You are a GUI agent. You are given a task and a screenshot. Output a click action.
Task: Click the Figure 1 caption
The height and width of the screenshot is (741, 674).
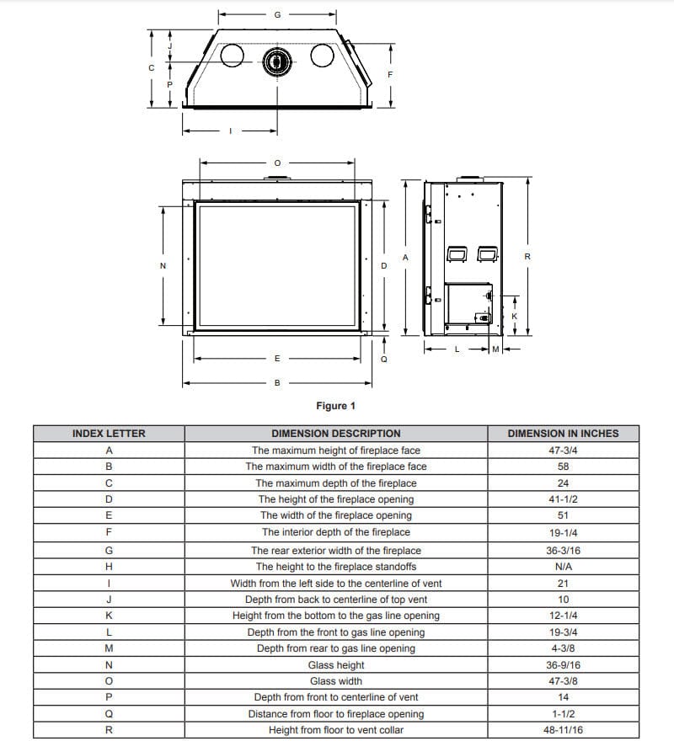pyautogui.click(x=335, y=406)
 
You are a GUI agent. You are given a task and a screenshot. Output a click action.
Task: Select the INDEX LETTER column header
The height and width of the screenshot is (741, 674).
pyautogui.click(x=109, y=434)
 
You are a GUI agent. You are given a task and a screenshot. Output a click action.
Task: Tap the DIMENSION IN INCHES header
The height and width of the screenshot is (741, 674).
pyautogui.click(x=563, y=434)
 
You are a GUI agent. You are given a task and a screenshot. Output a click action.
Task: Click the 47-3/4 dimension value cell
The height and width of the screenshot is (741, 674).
pyautogui.click(x=563, y=450)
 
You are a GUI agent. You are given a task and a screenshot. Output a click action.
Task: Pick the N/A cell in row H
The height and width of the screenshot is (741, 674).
pyautogui.click(x=563, y=567)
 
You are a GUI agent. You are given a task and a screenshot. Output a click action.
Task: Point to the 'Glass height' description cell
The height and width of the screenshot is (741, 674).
pyautogui.click(x=335, y=665)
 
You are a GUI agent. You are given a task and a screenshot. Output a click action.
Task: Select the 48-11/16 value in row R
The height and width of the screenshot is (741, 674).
pyautogui.click(x=563, y=730)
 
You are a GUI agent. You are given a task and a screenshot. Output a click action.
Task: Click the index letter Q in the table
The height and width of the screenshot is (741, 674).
pyautogui.click(x=109, y=714)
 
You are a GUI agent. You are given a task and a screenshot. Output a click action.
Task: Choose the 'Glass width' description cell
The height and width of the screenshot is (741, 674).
pyautogui.click(x=335, y=681)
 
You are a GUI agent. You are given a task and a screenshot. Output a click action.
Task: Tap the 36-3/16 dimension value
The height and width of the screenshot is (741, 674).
pyautogui.click(x=563, y=551)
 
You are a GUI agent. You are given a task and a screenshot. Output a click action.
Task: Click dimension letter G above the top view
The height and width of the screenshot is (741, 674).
pyautogui.click(x=277, y=15)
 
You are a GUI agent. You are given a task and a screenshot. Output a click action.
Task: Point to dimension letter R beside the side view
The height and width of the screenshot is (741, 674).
pyautogui.click(x=527, y=257)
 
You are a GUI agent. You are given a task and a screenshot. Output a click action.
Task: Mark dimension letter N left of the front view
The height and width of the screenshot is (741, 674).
pyautogui.click(x=163, y=266)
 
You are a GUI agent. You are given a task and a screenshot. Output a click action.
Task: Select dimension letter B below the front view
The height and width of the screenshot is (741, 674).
pyautogui.click(x=277, y=383)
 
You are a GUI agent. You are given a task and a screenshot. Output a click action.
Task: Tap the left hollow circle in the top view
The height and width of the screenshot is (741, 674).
pyautogui.click(x=231, y=56)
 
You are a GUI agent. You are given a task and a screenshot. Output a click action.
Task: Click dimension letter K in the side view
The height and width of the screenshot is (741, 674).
pyautogui.click(x=515, y=316)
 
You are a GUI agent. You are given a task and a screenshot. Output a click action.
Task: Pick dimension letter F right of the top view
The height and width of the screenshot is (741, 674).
pyautogui.click(x=389, y=74)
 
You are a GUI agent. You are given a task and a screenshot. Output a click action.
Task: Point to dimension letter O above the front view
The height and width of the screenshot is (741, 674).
pyautogui.click(x=277, y=163)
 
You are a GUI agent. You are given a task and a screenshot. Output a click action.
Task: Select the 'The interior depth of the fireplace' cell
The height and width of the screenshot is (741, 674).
pyautogui.click(x=335, y=532)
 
